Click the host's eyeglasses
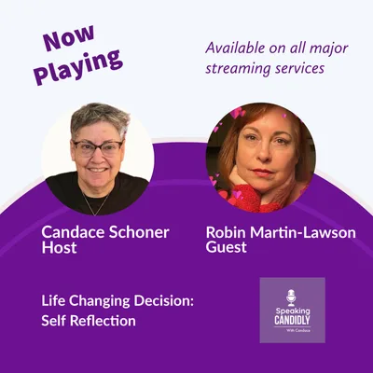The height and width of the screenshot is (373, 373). (x=97, y=148)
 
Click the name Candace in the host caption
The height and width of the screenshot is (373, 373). (x=76, y=230)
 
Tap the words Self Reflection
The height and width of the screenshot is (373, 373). (x=89, y=321)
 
